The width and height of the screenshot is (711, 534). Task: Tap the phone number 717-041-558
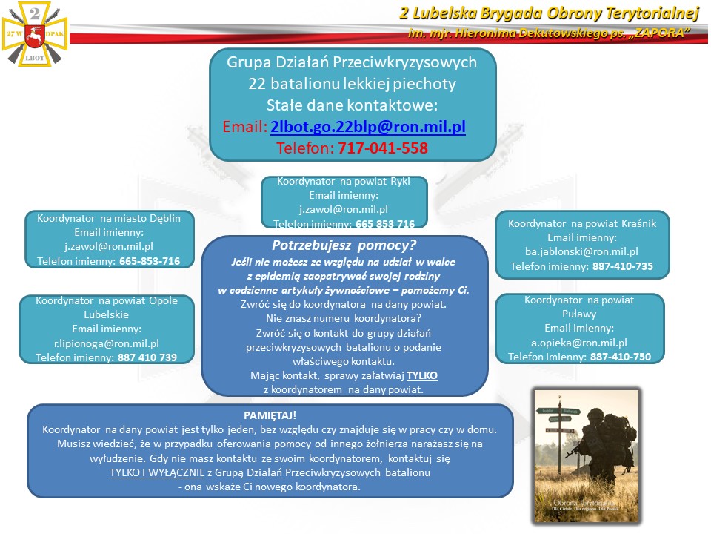click(383, 148)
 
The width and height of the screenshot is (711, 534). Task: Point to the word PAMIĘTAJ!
click(270, 415)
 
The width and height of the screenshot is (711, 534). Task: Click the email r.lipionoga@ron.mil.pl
click(107, 343)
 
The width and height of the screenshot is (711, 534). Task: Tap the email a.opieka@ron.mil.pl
click(579, 342)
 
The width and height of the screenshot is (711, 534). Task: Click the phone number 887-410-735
click(622, 266)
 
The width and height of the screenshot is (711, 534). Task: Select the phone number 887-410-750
click(621, 357)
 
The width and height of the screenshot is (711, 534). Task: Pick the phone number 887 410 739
click(147, 357)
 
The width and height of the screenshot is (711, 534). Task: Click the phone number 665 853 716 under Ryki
click(385, 223)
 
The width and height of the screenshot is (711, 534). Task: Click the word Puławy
click(579, 314)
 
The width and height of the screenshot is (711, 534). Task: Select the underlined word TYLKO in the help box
click(422, 375)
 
